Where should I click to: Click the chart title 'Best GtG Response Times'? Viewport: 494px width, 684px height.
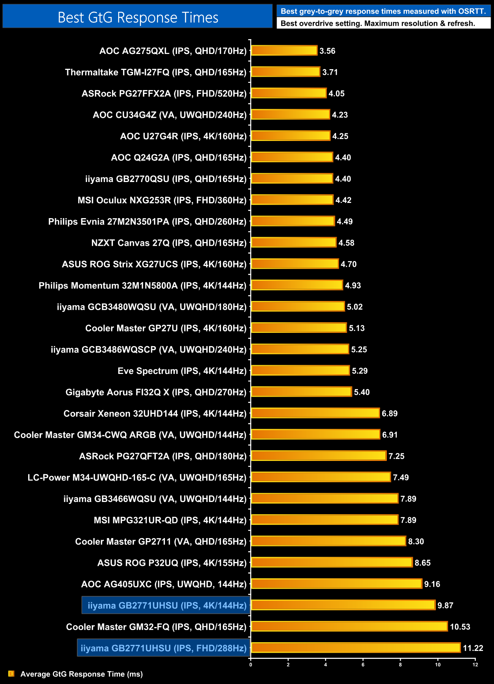click(138, 17)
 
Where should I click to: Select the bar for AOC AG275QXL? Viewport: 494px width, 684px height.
click(284, 51)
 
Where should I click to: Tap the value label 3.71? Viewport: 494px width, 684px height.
click(330, 72)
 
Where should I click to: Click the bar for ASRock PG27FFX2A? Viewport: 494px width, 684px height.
click(289, 93)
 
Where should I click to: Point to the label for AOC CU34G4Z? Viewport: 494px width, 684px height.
click(170, 115)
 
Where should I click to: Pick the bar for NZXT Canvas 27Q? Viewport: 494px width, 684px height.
click(294, 243)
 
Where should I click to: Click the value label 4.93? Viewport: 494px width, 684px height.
click(353, 285)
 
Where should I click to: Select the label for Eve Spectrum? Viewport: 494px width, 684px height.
click(182, 371)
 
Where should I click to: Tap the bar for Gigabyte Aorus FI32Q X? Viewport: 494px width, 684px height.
click(301, 392)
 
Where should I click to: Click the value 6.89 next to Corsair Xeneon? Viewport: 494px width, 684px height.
click(389, 413)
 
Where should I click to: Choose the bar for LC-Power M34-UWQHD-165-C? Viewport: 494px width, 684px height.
click(321, 477)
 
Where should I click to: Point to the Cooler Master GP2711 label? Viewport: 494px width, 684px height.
click(161, 541)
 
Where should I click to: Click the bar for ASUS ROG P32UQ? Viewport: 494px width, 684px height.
click(332, 563)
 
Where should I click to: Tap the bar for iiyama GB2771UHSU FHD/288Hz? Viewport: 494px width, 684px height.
click(356, 648)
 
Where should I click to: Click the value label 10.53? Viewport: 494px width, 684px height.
click(460, 627)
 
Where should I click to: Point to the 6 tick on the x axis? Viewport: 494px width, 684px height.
click(363, 665)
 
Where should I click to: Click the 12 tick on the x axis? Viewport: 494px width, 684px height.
click(475, 665)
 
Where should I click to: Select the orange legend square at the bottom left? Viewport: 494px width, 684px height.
click(11, 674)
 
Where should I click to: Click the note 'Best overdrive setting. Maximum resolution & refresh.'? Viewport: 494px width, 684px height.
click(378, 24)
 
